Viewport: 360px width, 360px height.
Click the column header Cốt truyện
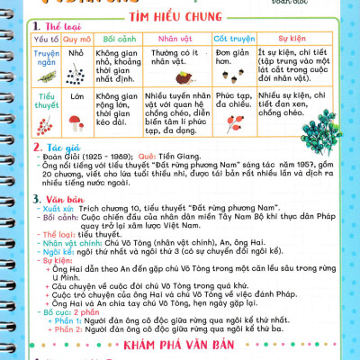pyautogui.click(x=233, y=40)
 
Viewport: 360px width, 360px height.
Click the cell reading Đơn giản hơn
pyautogui.click(x=231, y=59)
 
